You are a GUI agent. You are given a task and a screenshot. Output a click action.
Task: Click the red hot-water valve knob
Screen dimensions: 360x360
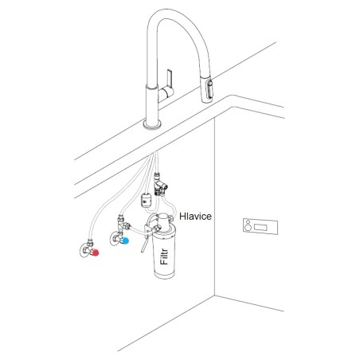[x=96, y=252]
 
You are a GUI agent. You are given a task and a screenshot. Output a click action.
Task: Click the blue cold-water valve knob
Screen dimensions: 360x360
[x=126, y=241]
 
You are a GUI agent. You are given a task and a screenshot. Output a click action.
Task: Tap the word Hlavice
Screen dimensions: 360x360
[x=195, y=216]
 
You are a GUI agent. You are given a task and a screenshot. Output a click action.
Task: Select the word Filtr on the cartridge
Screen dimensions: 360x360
[x=164, y=256]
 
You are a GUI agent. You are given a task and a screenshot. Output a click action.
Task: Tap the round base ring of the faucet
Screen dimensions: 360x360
[x=152, y=124]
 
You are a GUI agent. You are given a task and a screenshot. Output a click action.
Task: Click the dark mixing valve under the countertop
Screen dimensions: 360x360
[x=160, y=185]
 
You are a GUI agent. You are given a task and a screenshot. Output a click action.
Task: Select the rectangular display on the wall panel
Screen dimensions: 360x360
[x=260, y=227]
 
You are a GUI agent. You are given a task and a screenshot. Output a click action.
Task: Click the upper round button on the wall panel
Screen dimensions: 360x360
[x=248, y=222]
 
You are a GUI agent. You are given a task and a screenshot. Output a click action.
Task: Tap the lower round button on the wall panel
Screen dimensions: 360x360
[x=248, y=228]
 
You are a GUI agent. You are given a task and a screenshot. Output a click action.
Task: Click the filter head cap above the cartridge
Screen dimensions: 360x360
[x=163, y=221]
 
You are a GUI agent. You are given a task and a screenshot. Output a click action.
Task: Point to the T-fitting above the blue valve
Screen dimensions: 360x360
[x=123, y=225]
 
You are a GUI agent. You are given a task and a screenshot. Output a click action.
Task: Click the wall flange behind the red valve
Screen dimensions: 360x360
[x=84, y=251]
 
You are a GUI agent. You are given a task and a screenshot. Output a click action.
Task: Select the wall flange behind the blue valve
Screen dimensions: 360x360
[x=113, y=239]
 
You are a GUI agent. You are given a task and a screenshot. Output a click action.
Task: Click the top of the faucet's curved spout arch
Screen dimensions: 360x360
[x=170, y=11]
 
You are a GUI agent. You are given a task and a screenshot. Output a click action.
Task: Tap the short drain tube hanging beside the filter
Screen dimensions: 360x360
[x=144, y=245]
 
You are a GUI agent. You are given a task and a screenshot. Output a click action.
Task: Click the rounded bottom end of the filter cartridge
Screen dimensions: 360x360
[x=165, y=275]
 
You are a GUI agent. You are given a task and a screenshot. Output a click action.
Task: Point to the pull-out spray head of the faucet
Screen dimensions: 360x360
[x=206, y=89]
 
